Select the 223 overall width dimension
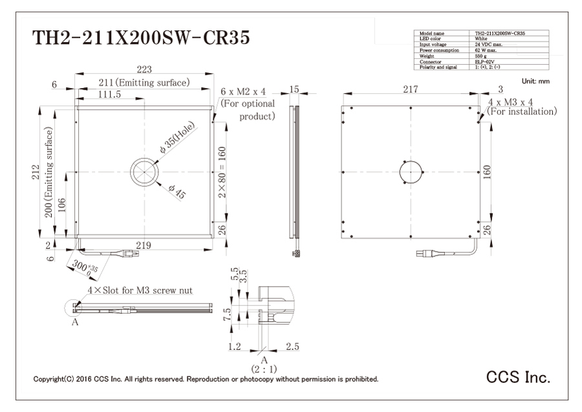click(144, 69)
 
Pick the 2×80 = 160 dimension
click(222, 172)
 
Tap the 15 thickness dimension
click(294, 89)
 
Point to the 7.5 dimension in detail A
click(228, 314)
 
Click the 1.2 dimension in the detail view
click(235, 347)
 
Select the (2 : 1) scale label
click(264, 369)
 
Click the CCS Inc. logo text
click(518, 377)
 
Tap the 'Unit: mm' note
click(535, 81)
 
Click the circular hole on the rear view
click(411, 172)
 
